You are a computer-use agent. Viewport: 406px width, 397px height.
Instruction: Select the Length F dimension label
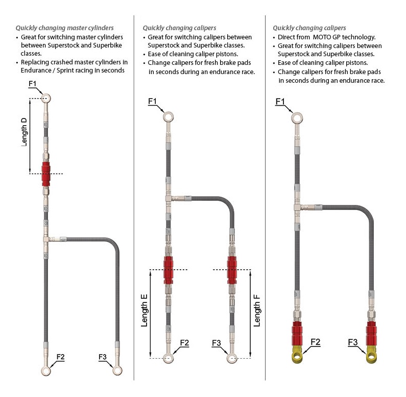pyautogui.click(x=256, y=312)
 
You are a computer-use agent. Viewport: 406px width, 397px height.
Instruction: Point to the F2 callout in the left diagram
pyautogui.click(x=60, y=357)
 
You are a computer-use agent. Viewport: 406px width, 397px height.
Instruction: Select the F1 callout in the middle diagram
pyautogui.click(x=152, y=101)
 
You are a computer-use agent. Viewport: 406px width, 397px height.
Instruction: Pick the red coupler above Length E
pyautogui.click(x=169, y=270)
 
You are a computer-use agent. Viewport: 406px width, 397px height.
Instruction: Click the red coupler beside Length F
pyautogui.click(x=232, y=270)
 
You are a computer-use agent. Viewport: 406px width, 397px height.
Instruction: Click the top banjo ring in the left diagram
pyautogui.click(x=46, y=98)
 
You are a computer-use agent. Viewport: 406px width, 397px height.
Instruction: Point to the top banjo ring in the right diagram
pyautogui.click(x=297, y=119)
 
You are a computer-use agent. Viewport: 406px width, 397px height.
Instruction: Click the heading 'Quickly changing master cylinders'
pyautogui.click(x=64, y=28)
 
